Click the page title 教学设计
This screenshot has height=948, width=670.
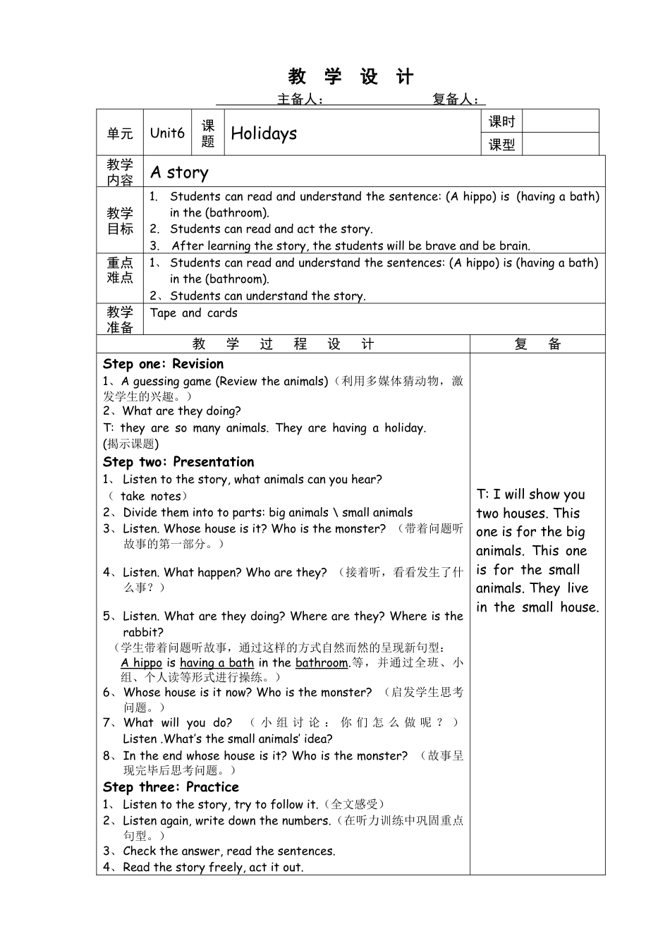(351, 76)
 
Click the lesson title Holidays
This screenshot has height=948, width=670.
(264, 133)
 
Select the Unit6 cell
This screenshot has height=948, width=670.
(167, 133)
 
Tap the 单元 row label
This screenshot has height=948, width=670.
(120, 133)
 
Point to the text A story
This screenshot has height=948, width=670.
(179, 172)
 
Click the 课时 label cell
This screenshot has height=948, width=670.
(501, 121)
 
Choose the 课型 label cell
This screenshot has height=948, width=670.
(501, 145)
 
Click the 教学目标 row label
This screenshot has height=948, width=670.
(120, 221)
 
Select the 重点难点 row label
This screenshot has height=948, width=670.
(120, 270)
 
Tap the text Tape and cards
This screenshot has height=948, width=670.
(193, 313)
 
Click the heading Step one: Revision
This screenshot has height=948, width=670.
(163, 364)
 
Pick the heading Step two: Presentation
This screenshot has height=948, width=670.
(178, 462)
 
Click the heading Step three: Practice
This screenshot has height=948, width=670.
(171, 787)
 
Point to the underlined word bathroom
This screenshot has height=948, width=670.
(322, 662)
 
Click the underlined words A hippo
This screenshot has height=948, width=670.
(141, 662)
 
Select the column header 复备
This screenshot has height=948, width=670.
(537, 344)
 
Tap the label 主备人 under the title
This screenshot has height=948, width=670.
(300, 99)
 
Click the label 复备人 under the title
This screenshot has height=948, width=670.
(456, 99)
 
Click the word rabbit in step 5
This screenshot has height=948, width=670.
(142, 632)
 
